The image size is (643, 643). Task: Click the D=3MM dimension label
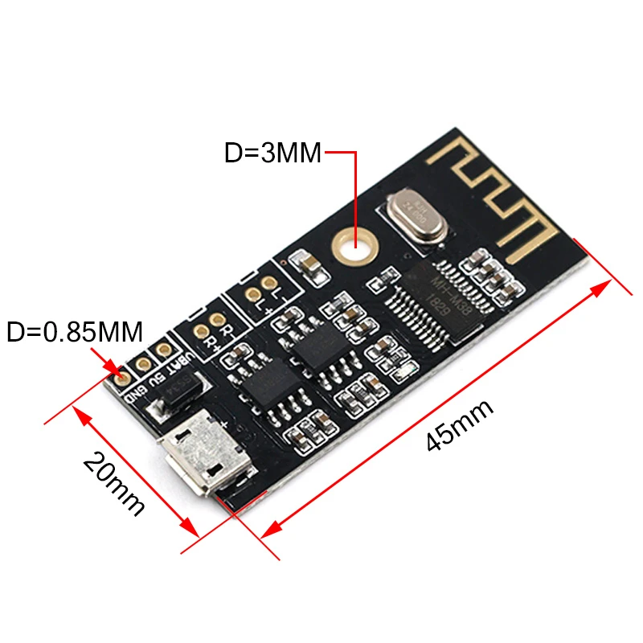[x=273, y=152]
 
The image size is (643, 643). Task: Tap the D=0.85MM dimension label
[x=75, y=330]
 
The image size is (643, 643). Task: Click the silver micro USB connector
[x=203, y=457]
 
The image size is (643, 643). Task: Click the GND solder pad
[x=124, y=375]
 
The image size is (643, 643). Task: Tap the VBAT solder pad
[x=163, y=350]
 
